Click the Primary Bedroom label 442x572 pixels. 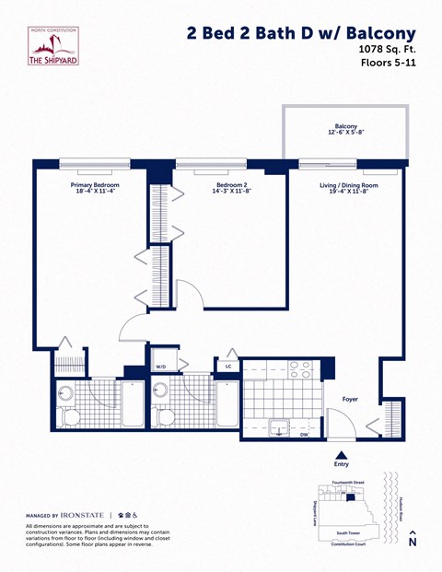pos(95,185)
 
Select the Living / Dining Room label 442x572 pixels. pos(349,185)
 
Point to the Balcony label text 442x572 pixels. pos(346,126)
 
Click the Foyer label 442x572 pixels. pos(350,400)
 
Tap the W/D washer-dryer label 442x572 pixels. pos(160,367)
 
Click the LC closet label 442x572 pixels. pos(227,367)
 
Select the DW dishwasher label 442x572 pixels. pos(304,434)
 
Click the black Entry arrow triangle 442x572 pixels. pos(342,454)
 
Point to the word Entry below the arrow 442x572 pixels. pos(342,464)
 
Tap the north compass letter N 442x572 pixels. pos(413,543)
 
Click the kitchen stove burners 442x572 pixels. pos(299,369)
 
